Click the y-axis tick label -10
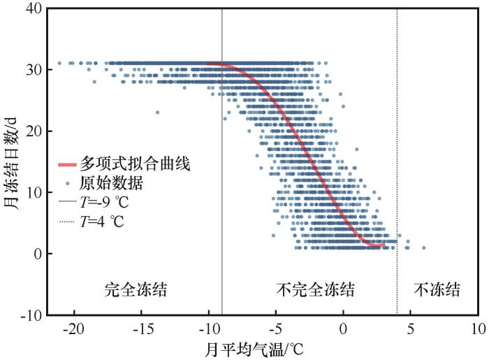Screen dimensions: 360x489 click(x=32, y=315)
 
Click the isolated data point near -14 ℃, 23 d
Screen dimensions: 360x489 click(x=157, y=112)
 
